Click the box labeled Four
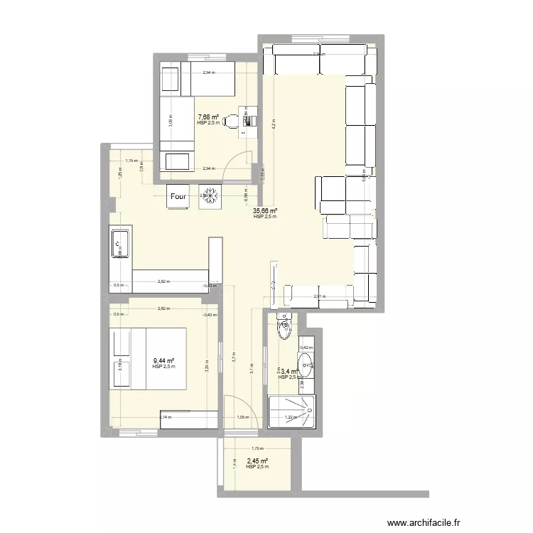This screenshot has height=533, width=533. point(178,197)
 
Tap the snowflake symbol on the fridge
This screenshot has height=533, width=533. point(210,197)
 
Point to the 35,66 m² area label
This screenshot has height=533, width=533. point(264,211)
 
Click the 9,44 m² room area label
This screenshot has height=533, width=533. point(163,361)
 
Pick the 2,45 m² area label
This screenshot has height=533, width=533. point(257,461)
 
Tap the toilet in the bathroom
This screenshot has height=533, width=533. point(284,327)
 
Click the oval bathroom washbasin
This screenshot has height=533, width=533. point(306,368)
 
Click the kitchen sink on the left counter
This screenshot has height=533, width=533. point(119,245)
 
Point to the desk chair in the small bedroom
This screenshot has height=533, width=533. point(228,122)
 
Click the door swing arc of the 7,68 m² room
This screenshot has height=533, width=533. point(236,165)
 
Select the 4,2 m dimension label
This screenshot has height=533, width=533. point(272,123)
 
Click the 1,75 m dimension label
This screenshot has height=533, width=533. point(257,448)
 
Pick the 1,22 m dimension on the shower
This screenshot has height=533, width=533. point(289,418)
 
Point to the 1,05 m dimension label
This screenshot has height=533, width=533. point(241,418)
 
